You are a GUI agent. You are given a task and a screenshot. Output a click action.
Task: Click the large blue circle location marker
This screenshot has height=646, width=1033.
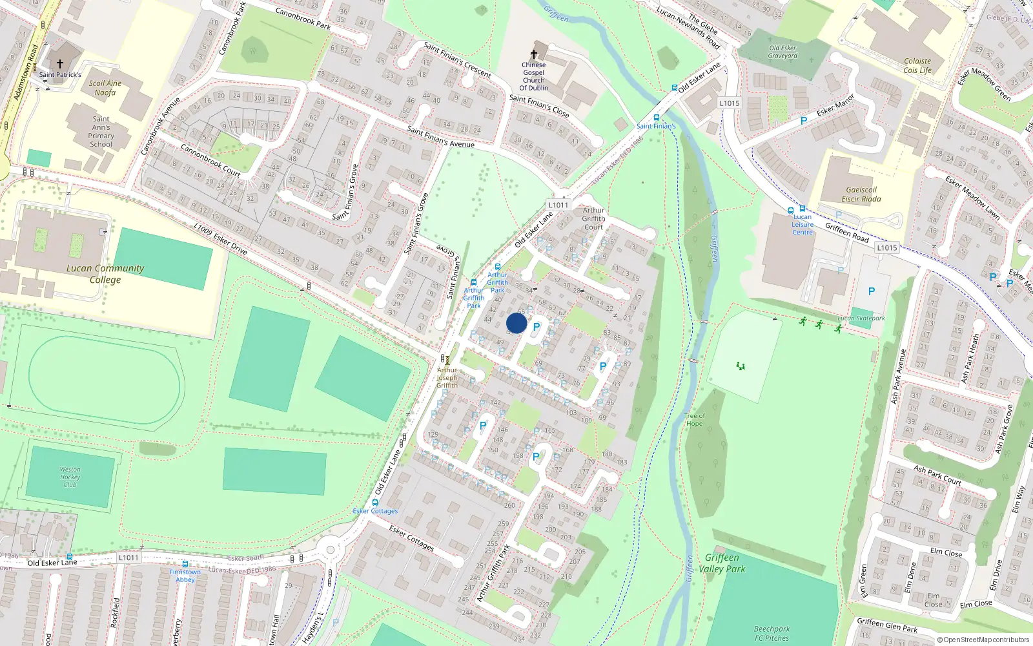tap(516, 323)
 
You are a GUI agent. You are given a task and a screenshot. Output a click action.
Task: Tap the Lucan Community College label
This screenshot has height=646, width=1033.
tap(105, 274)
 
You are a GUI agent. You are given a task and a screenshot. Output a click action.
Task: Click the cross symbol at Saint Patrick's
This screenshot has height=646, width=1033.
tap(60, 64)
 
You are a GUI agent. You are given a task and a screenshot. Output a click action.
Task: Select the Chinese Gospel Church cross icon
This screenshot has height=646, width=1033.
tap(534, 54)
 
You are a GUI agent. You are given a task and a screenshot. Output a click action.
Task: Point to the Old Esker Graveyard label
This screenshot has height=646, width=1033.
tap(782, 52)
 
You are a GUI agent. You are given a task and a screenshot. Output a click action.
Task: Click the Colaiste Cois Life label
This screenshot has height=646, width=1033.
tap(917, 66)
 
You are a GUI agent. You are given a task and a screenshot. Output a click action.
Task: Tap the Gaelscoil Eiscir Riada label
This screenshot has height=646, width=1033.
tap(861, 194)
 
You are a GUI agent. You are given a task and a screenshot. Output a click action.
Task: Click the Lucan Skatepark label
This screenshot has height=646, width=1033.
tap(861, 318)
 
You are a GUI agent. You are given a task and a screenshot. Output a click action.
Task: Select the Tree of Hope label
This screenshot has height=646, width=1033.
tap(694, 420)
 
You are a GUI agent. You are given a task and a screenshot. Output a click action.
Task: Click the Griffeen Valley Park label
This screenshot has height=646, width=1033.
tap(722, 563)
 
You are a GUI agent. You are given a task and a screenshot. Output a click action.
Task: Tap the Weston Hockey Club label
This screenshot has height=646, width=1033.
tap(70, 477)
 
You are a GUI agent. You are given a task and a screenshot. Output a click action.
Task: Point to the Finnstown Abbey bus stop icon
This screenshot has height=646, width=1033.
tap(185, 564)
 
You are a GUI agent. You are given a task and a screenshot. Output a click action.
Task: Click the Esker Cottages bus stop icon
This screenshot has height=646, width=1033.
tap(375, 503)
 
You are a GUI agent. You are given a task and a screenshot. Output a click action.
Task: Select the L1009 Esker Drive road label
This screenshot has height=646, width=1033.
tap(221, 238)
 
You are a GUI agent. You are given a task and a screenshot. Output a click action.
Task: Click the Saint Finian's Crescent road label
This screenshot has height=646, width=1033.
tap(457, 60)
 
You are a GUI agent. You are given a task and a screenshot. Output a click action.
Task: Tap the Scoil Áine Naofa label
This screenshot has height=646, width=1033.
tap(105, 88)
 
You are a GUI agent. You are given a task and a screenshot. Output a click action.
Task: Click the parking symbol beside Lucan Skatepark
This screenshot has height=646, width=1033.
tap(872, 291)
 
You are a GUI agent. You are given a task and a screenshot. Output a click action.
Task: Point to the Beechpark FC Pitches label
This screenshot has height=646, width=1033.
tap(772, 633)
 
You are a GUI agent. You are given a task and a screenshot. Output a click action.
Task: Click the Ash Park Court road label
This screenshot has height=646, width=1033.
tap(937, 475)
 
